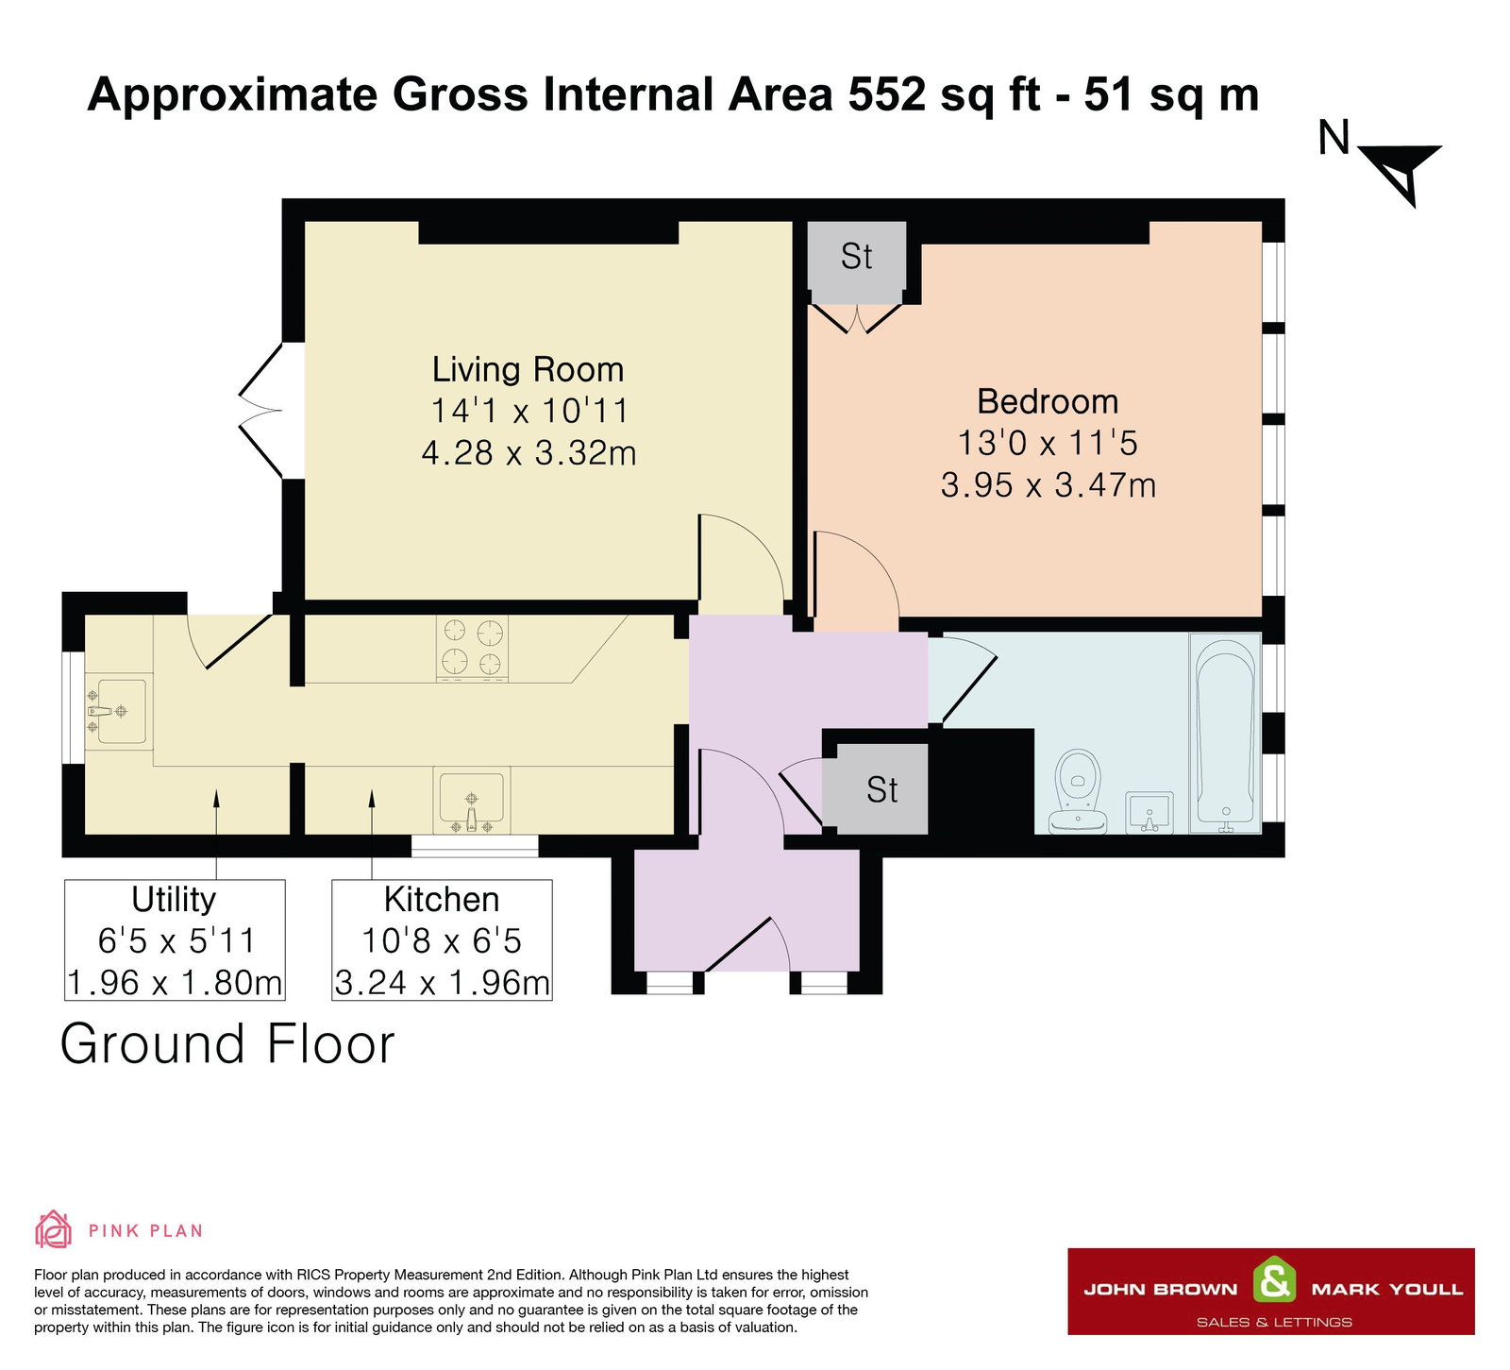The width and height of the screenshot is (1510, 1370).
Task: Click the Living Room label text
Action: (528, 369)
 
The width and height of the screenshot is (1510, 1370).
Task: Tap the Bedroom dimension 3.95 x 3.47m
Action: (1048, 485)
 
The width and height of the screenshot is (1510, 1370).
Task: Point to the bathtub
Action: (1225, 733)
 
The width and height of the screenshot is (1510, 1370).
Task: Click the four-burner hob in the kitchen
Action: (472, 648)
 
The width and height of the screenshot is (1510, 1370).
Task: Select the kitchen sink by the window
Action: (471, 801)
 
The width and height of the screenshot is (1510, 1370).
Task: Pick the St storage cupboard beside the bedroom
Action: (856, 257)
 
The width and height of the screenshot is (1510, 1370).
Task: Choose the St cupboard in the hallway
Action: (881, 790)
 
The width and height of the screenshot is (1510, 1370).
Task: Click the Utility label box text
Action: (174, 900)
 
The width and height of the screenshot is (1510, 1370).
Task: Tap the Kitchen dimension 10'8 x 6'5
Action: (442, 941)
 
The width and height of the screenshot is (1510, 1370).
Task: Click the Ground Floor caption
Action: (226, 1044)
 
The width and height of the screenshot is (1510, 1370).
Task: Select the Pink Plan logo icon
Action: (53, 1229)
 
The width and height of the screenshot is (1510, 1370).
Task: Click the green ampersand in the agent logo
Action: (1274, 1282)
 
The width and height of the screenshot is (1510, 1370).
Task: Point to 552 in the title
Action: (886, 94)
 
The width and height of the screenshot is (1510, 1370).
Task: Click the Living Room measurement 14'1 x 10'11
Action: (528, 411)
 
